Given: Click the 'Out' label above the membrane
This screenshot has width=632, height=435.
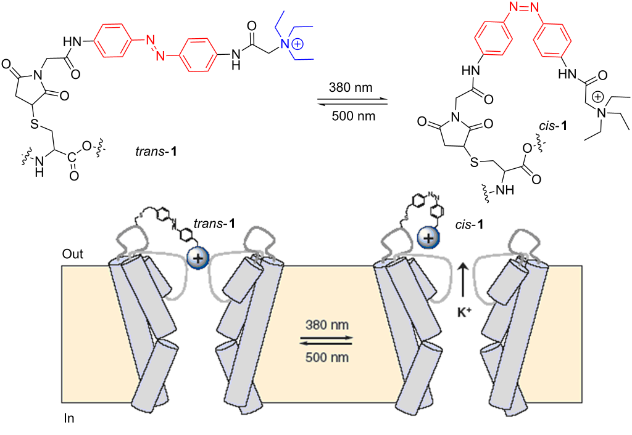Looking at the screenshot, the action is [73, 254].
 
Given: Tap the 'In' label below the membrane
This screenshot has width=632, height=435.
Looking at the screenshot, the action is [69, 418].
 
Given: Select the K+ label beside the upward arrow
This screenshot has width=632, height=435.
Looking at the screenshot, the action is [464, 312].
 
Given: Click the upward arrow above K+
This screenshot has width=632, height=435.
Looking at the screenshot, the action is [463, 283].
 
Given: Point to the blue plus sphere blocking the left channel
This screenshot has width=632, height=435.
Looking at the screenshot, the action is [197, 258].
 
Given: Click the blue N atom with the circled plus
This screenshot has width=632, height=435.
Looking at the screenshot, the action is [286, 44].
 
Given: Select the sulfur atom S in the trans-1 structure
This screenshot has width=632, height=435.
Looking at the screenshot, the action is [35, 124].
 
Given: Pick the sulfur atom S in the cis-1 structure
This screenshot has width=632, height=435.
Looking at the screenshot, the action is [474, 162].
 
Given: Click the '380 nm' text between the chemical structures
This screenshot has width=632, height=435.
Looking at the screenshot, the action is [351, 87].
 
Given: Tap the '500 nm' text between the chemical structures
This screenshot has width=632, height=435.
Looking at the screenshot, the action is [354, 116].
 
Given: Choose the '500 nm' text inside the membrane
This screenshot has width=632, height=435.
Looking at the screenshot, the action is [327, 357].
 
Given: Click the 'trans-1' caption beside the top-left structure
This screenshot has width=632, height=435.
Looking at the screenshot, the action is [156, 152].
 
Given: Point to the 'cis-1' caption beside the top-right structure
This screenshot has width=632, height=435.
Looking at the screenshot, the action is [553, 126].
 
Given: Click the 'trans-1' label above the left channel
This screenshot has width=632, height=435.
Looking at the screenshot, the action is [214, 223].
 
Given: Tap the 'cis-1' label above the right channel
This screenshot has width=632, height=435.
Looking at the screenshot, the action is [469, 224].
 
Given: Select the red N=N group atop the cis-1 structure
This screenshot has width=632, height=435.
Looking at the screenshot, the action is [523, 7].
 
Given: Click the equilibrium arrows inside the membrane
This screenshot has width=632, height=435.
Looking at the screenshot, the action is [326, 341].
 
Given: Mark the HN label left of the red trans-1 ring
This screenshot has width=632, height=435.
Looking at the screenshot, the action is [72, 41].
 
